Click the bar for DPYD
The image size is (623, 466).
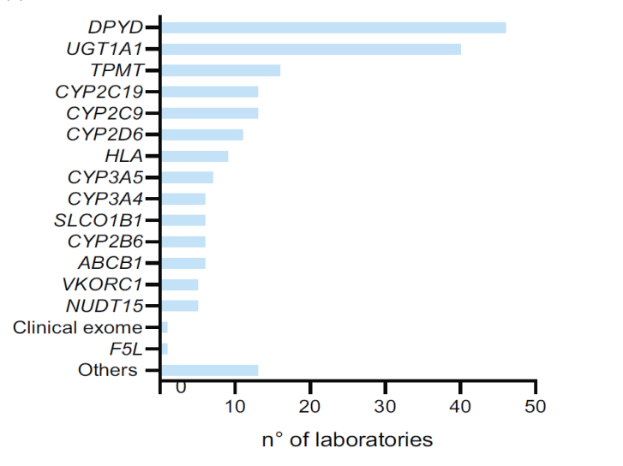333,27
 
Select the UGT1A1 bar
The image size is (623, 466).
311,50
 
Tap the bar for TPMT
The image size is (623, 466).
221,70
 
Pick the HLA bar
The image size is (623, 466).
195,156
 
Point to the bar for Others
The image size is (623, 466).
210,370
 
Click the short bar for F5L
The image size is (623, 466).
165,349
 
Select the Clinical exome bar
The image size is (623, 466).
165,327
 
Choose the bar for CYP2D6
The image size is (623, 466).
202,134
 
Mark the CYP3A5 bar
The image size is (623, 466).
187,177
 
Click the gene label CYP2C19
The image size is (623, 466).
99,92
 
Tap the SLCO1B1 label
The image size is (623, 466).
99,220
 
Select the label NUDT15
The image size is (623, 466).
105,306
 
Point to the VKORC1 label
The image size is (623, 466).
102,284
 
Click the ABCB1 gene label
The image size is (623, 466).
110,263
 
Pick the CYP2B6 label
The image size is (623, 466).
105,242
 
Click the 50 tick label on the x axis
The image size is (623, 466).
536,406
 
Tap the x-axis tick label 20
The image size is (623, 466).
310,406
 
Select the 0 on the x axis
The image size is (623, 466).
181,387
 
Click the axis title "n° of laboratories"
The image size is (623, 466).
347,439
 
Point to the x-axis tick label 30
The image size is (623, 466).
385,406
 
